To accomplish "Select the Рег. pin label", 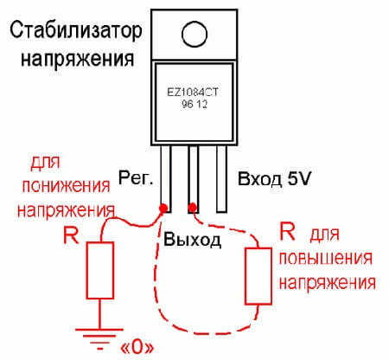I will tap(137, 180).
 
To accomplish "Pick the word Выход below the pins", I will tap(194, 236).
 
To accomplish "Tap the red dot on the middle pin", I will tap(194, 207).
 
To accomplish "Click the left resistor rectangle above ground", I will tap(101, 270).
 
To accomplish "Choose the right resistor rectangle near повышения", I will tap(257, 276).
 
